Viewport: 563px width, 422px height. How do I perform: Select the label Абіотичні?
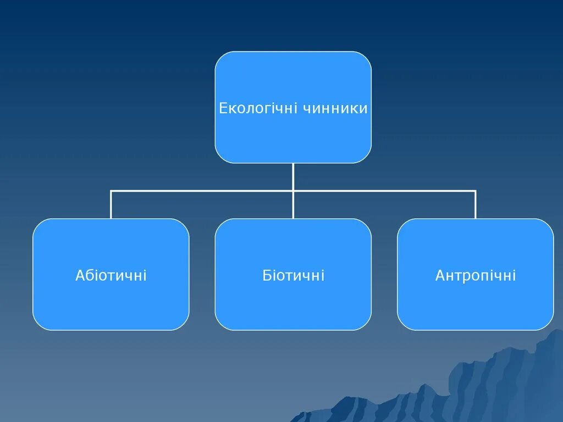click(111, 275)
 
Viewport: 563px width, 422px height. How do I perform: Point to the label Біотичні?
click(293, 275)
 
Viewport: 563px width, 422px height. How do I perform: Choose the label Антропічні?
click(476, 275)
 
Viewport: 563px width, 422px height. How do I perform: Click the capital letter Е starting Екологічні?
click(223, 108)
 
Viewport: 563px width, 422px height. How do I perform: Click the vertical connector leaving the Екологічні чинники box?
click(293, 176)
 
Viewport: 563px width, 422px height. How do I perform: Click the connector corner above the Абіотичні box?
click(111, 191)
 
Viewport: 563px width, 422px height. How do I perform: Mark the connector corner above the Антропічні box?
click(476, 191)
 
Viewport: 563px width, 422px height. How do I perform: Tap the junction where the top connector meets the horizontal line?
click(293, 191)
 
